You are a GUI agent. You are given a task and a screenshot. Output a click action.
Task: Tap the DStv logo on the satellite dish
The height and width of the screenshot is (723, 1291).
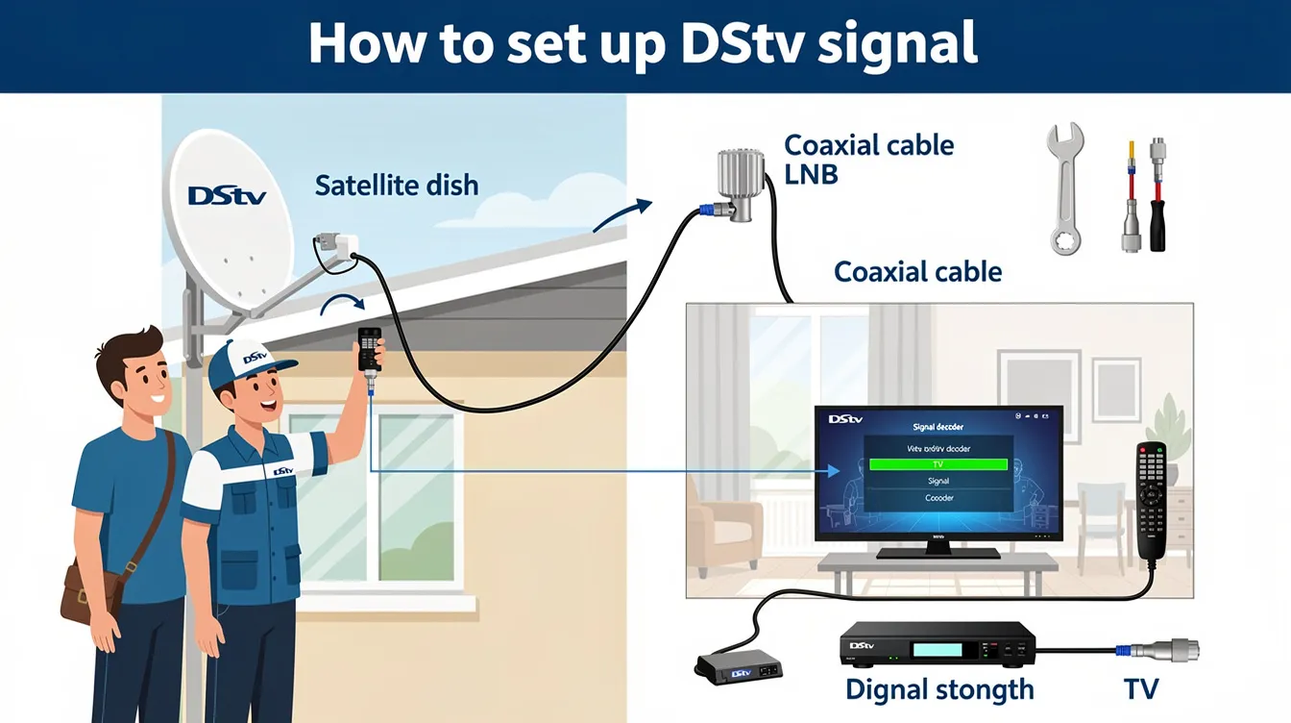[x=227, y=195]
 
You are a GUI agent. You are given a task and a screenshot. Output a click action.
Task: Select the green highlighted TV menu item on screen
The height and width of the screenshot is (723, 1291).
[x=938, y=463]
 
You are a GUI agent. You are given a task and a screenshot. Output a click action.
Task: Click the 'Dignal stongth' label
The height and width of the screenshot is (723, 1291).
[x=939, y=689]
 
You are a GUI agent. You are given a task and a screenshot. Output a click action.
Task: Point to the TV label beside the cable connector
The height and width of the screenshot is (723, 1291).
[x=1141, y=689]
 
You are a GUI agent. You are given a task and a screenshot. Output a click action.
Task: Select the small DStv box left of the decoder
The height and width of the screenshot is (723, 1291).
[x=738, y=665]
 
